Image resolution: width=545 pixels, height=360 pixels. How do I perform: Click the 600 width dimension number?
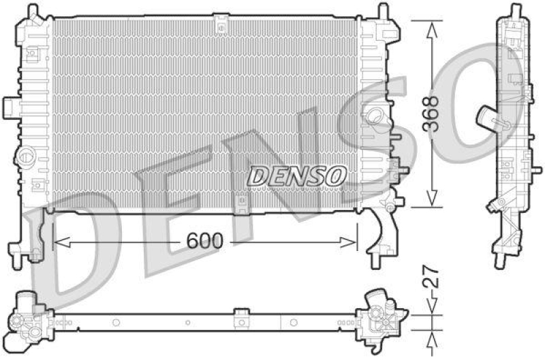[x=204, y=241]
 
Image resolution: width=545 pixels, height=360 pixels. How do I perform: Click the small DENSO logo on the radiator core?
[x=296, y=176]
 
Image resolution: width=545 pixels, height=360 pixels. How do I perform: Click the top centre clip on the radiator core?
[x=221, y=25]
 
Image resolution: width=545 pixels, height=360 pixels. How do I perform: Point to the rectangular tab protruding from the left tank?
[x=10, y=106]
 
